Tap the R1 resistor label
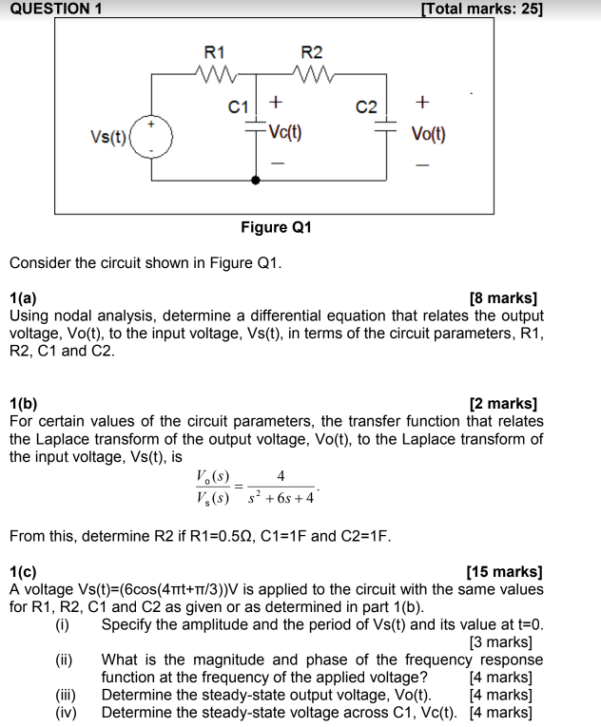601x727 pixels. tap(216, 51)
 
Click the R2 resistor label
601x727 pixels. tap(311, 51)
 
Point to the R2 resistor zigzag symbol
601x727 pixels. tap(311, 72)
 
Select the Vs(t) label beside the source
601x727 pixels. tap(108, 136)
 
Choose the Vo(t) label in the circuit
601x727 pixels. tap(428, 133)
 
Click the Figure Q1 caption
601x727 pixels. tap(276, 227)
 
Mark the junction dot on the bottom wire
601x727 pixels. tap(255, 180)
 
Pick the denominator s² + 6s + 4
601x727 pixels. tap(281, 499)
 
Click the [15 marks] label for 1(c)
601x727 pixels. tap(504, 572)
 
